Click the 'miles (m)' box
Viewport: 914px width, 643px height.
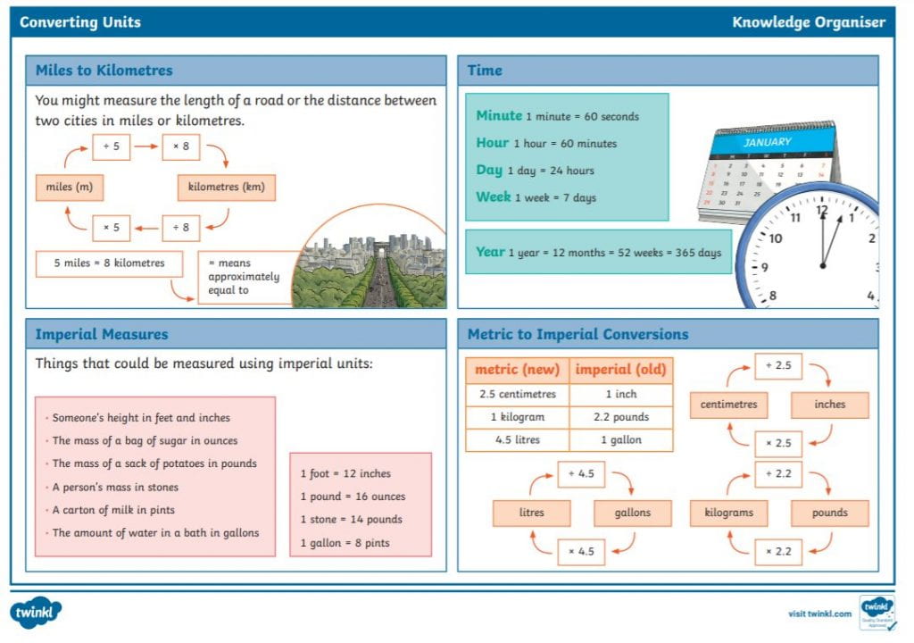[70, 188]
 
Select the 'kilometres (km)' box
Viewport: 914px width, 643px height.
[226, 188]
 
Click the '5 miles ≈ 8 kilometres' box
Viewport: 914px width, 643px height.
[109, 263]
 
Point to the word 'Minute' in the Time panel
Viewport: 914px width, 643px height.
[499, 115]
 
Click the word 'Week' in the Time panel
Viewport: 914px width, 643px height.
[494, 196]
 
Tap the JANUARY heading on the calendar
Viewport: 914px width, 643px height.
[768, 141]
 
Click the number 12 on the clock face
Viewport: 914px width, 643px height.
[822, 212]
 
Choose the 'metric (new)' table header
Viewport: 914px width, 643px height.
[517, 370]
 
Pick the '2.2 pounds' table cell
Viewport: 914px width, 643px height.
[621, 417]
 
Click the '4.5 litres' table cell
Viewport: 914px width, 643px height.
[517, 440]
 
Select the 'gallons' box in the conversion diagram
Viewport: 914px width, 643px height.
[633, 513]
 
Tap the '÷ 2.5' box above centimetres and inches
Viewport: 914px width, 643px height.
[778, 366]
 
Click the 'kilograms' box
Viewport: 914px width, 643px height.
[728, 513]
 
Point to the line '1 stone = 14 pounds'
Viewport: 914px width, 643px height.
[351, 520]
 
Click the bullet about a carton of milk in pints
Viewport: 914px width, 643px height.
[112, 510]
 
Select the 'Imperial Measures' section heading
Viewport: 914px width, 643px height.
[102, 335]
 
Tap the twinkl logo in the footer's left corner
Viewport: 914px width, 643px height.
[37, 613]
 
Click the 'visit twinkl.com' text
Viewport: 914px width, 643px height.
[819, 614]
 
